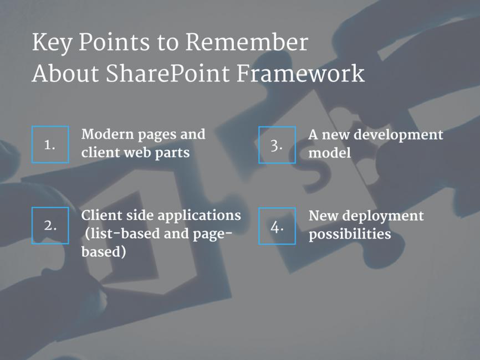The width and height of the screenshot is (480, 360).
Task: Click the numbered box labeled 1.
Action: click(x=50, y=145)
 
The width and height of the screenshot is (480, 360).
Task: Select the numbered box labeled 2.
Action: click(x=50, y=225)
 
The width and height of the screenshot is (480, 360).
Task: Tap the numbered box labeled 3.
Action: click(x=277, y=145)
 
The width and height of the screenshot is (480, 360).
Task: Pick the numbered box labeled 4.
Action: click(x=277, y=225)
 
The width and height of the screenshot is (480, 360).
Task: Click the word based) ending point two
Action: click(x=104, y=252)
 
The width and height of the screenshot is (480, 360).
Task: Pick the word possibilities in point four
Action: click(x=350, y=234)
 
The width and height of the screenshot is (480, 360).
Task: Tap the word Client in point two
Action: click(x=99, y=215)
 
